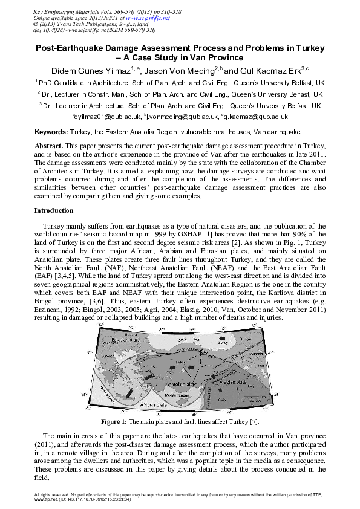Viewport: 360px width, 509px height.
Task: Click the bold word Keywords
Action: [51, 131]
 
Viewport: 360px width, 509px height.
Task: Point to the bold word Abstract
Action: [48, 147]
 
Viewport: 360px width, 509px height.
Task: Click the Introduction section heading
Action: [54, 210]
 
